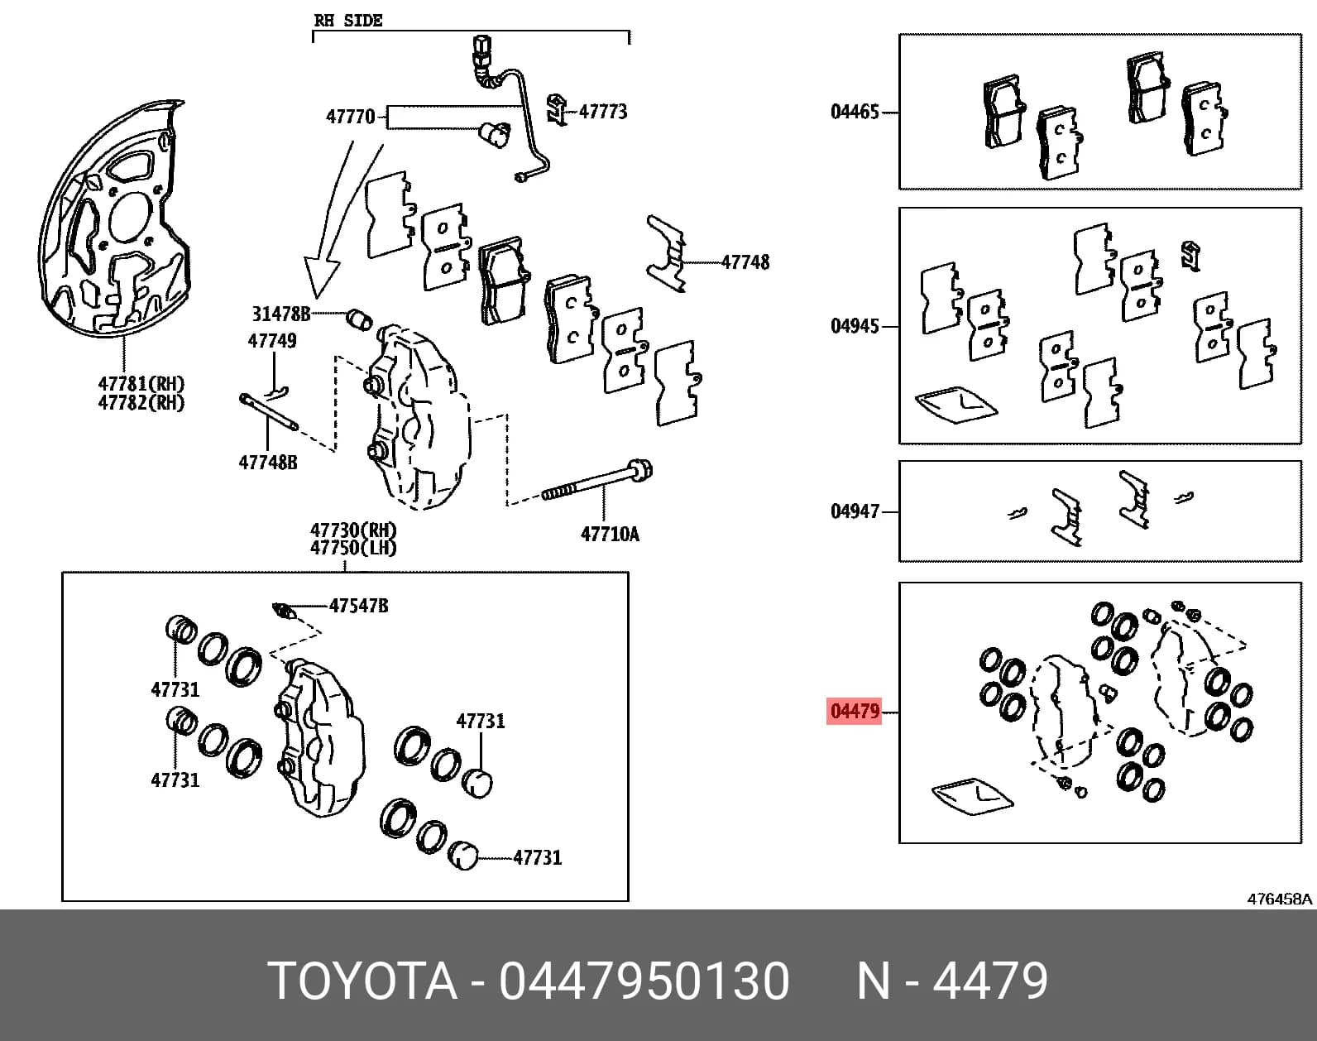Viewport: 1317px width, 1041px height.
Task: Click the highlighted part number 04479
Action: tap(855, 712)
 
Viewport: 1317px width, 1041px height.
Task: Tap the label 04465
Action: tap(855, 112)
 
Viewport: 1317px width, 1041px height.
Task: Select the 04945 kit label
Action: tap(855, 326)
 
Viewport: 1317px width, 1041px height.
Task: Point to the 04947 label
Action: tap(855, 511)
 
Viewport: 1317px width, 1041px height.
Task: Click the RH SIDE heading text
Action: tap(348, 21)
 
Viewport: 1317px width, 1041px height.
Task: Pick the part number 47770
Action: tap(350, 117)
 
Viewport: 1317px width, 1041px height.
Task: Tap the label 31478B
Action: tap(281, 314)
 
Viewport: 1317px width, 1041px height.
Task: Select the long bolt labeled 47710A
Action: tap(596, 482)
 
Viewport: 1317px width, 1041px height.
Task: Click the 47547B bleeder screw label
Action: tap(359, 606)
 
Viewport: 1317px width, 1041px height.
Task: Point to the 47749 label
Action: tap(271, 340)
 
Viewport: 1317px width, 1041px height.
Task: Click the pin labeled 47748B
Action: tap(269, 412)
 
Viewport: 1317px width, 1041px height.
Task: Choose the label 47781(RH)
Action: tap(141, 384)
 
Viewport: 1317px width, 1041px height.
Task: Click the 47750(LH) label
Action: tap(353, 548)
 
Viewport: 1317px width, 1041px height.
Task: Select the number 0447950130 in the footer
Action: tap(644, 981)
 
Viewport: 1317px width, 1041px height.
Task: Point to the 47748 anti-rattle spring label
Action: tap(745, 262)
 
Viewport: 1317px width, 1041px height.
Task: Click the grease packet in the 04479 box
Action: tap(973, 797)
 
